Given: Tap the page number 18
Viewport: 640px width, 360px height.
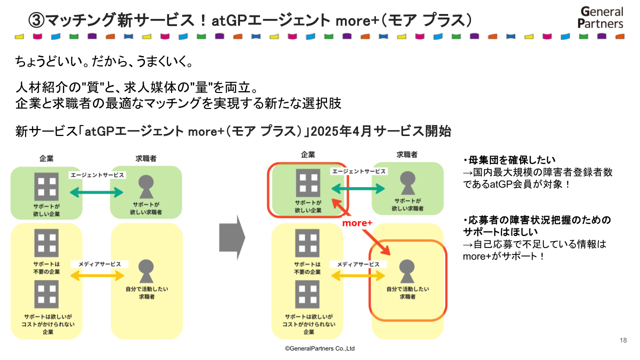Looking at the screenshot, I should point(623,340).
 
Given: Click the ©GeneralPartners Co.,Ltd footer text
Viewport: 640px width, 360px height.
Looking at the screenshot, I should point(319,348).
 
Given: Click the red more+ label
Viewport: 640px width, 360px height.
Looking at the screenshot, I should point(357,223).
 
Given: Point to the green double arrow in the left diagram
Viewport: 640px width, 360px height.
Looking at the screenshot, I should point(96,192).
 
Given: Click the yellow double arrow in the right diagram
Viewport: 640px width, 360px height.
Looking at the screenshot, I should point(358,275).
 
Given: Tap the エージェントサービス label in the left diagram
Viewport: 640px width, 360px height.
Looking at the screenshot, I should point(97,175).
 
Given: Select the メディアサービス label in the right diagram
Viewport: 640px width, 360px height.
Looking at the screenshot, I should point(358,264).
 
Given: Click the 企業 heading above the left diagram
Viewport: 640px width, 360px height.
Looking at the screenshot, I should point(46,158).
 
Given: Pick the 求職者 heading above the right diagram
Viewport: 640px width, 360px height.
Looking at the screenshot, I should point(407,154).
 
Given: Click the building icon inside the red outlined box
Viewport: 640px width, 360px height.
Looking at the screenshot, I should point(307,182).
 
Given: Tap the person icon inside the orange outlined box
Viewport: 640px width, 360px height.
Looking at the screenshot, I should point(407,271).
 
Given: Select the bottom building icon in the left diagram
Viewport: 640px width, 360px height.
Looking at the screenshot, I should point(46,294).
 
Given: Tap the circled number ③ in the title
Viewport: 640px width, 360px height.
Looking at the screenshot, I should point(36,20).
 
